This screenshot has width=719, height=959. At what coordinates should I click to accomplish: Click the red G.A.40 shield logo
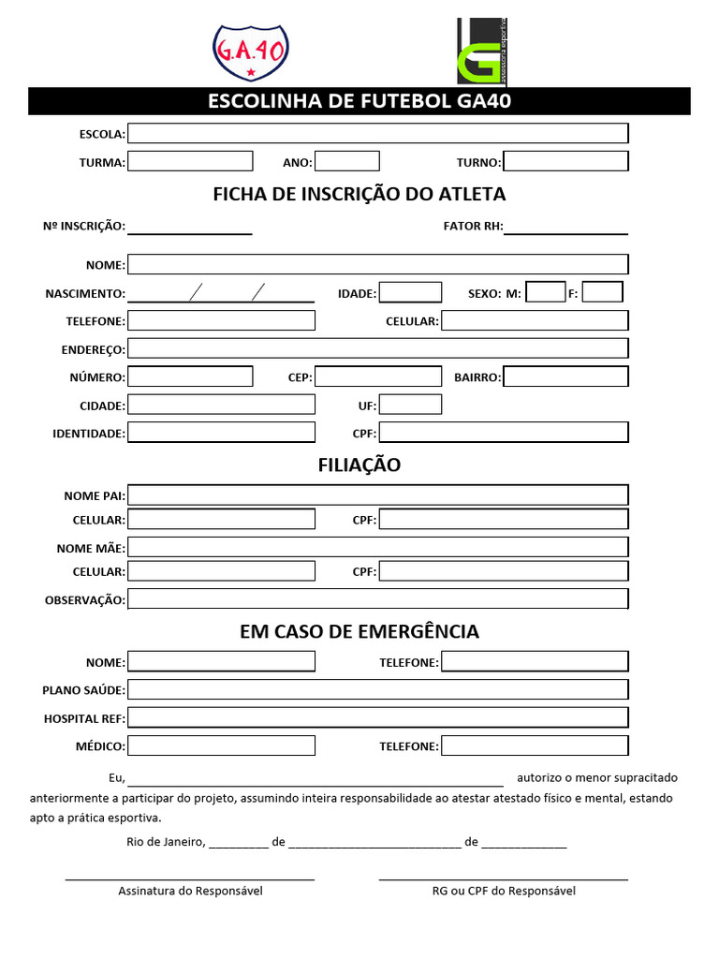point(250,52)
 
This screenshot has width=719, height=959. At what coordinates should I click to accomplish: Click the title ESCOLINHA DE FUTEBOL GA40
point(359,101)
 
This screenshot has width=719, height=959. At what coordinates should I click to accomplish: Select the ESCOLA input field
point(378,134)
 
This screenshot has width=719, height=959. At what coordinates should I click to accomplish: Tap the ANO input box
point(347,161)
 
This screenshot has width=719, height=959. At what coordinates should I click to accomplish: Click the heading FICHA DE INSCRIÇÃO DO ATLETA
point(359,194)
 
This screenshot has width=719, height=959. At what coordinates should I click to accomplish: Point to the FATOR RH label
point(473,227)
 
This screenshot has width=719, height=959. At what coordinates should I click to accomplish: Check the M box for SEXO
point(546,292)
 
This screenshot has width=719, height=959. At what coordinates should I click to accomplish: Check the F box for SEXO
point(602,292)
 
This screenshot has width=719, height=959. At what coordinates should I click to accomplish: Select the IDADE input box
point(410,292)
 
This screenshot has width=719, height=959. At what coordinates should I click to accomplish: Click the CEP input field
point(378,376)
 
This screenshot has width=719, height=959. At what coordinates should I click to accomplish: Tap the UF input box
point(410,405)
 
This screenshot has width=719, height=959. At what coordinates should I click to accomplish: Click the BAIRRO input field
point(565,376)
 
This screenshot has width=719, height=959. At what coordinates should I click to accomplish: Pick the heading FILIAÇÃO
point(359,465)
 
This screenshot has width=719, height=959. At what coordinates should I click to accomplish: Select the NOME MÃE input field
point(378,547)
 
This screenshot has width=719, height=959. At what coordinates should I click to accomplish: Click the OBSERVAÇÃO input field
point(378,598)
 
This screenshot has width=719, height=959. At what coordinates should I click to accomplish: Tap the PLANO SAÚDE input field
point(378,690)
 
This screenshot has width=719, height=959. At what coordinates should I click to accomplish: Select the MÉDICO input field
point(222,745)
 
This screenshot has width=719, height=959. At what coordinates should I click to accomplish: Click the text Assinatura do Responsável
point(190,891)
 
